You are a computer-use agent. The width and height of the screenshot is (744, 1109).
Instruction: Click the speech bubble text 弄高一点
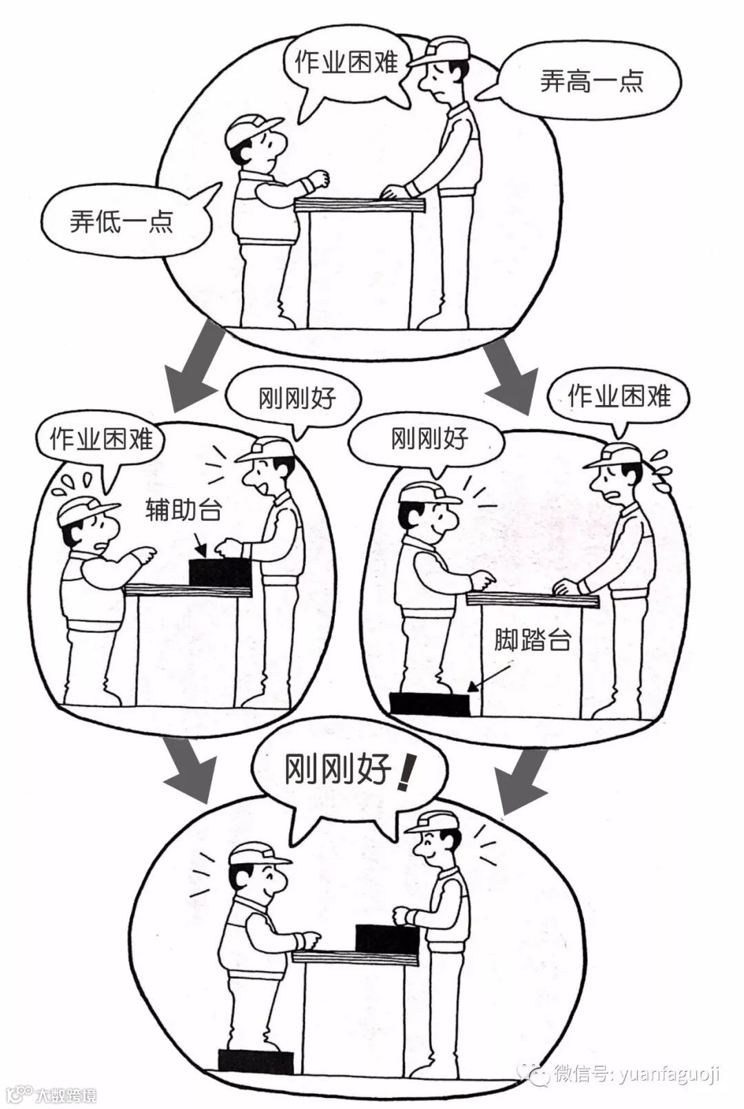[591, 81]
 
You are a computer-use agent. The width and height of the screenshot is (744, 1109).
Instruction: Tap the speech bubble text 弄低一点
[121, 221]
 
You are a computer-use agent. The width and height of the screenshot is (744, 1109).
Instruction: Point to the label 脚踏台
[533, 640]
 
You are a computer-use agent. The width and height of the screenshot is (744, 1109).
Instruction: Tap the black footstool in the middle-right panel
[429, 704]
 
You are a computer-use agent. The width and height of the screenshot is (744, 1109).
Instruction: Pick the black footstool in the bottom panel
[256, 1061]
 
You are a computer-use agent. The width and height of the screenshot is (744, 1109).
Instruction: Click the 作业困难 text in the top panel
[347, 63]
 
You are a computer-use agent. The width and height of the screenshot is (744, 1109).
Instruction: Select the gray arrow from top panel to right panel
[513, 375]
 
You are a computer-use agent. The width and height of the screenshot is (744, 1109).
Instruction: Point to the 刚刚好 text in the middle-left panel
[297, 399]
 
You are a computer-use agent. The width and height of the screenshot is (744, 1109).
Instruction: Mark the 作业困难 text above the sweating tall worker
[619, 396]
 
